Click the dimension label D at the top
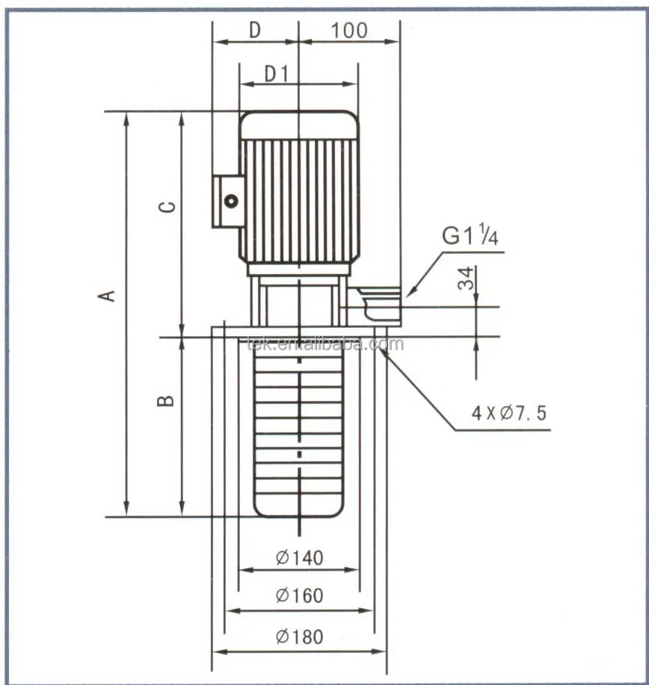(255, 30)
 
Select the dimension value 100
(349, 31)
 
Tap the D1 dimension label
(277, 74)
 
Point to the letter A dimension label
(106, 296)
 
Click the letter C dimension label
(167, 207)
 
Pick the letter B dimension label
(165, 400)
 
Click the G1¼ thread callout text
(470, 235)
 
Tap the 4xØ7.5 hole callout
(508, 413)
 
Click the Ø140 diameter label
(300, 558)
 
